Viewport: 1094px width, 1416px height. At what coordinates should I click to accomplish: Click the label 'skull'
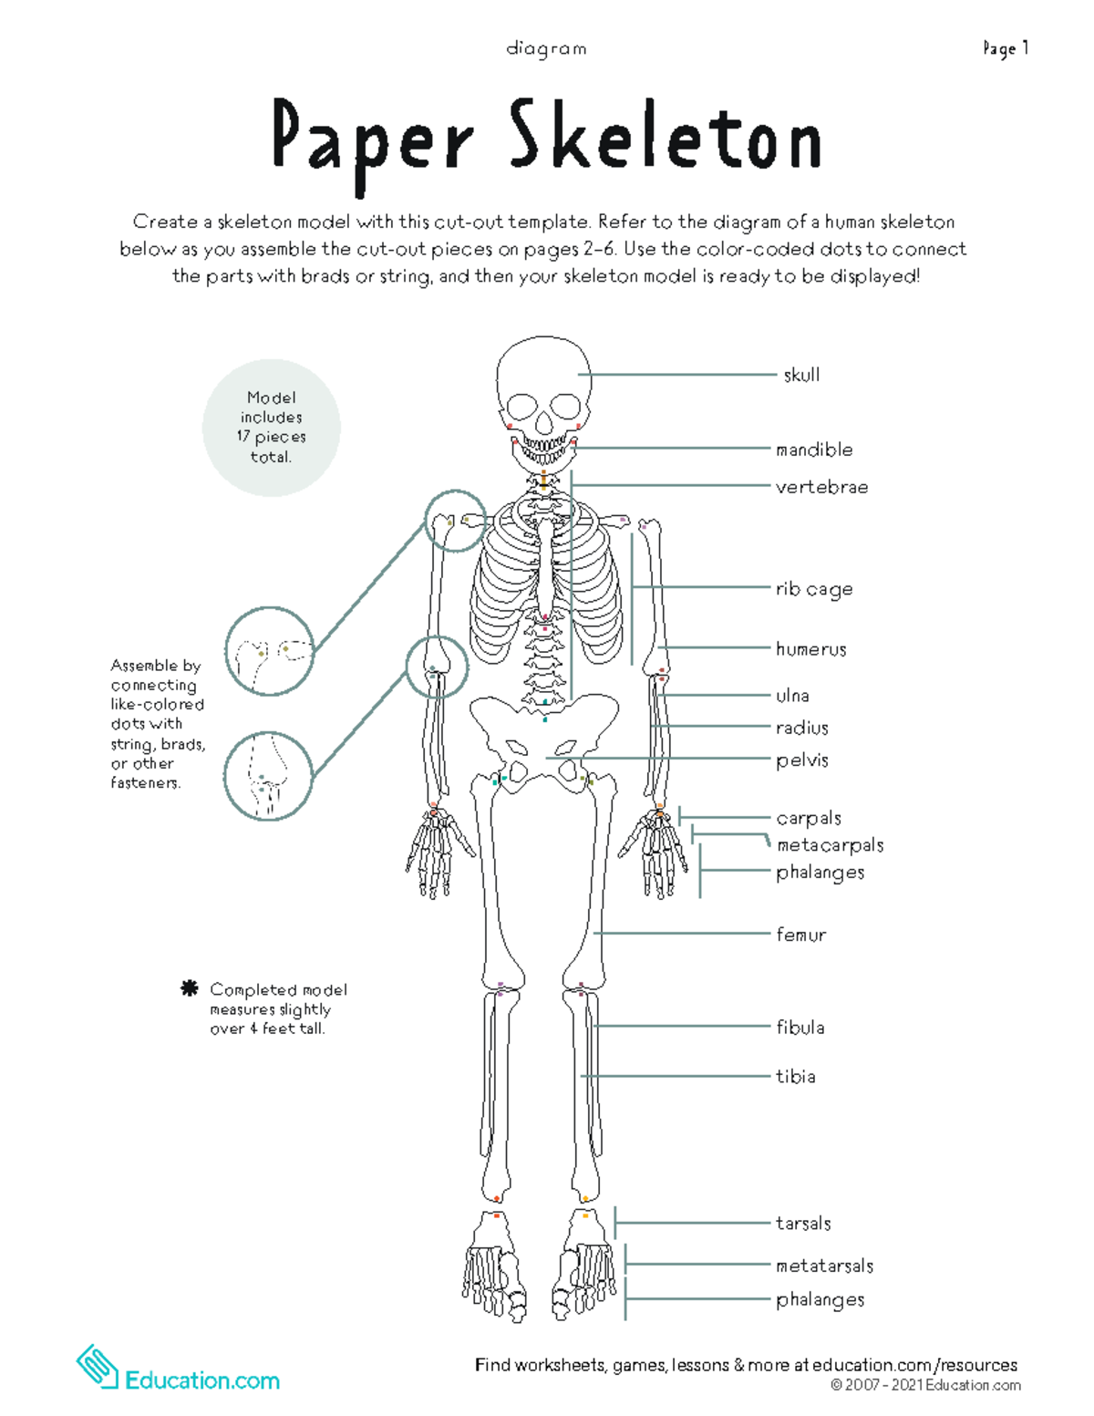point(801,375)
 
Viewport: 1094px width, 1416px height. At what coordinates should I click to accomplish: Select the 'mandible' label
point(814,450)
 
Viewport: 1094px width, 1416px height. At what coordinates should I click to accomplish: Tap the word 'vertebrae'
point(821,487)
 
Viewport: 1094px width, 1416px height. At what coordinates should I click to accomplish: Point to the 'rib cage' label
point(814,589)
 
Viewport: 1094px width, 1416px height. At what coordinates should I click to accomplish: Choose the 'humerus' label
point(810,649)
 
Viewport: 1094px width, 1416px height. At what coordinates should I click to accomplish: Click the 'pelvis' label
point(802,760)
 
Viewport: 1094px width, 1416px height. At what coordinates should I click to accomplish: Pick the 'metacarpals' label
point(830,845)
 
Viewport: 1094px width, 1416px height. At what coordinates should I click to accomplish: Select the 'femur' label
point(801,935)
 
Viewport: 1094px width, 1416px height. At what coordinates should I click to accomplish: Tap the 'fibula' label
point(800,1028)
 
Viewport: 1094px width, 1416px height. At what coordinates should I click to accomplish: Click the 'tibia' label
point(796,1077)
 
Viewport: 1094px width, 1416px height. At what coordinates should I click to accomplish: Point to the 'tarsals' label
point(803,1224)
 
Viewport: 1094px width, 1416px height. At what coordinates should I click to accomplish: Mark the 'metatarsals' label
point(824,1266)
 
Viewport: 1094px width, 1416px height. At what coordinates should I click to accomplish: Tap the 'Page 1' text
point(1006,48)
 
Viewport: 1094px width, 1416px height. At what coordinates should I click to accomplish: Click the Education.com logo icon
point(98,1368)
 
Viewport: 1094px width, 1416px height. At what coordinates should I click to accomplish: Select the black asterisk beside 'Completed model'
point(190,988)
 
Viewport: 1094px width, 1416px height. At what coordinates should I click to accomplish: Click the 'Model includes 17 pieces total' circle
point(271,428)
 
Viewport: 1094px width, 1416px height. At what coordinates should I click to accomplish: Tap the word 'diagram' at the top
point(546,48)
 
